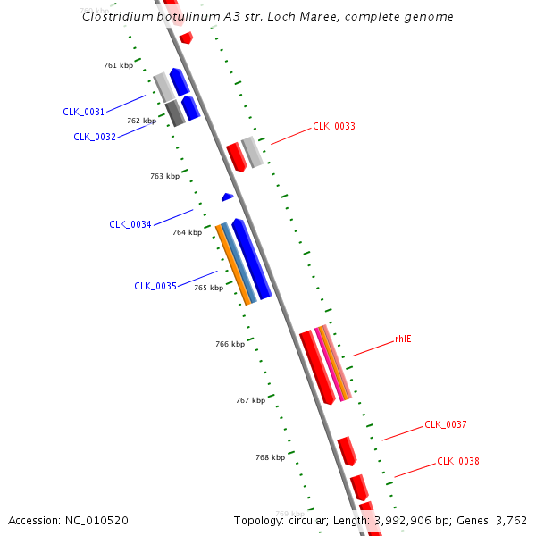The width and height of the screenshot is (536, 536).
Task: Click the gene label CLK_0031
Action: pyautogui.click(x=83, y=112)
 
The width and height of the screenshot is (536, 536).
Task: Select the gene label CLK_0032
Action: pyautogui.click(x=94, y=137)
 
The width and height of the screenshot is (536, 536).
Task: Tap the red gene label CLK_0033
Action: pyautogui.click(x=333, y=127)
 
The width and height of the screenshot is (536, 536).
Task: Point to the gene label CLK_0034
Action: pyautogui.click(x=130, y=224)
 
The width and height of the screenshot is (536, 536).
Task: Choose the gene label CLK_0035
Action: pyautogui.click(x=155, y=286)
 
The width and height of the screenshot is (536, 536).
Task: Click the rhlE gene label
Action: pyautogui.click(x=403, y=339)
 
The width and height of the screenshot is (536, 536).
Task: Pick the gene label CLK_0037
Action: pyautogui.click(x=445, y=424)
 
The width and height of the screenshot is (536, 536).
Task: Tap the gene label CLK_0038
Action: pyautogui.click(x=457, y=461)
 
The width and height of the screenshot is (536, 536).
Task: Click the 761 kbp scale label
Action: pyautogui.click(x=118, y=65)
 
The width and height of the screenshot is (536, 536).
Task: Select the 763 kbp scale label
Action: pyautogui.click(x=164, y=176)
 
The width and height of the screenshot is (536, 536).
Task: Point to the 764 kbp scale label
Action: pyautogui.click(x=187, y=232)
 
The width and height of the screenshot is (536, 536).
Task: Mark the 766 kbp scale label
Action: pyautogui.click(x=230, y=344)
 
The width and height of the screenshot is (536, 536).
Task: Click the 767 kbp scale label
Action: pyautogui.click(x=250, y=400)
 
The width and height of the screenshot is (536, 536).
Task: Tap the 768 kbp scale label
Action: pyautogui.click(x=270, y=457)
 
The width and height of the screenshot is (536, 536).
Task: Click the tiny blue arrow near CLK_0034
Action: pyautogui.click(x=228, y=197)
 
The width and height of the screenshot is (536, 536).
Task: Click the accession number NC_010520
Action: pyautogui.click(x=98, y=520)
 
